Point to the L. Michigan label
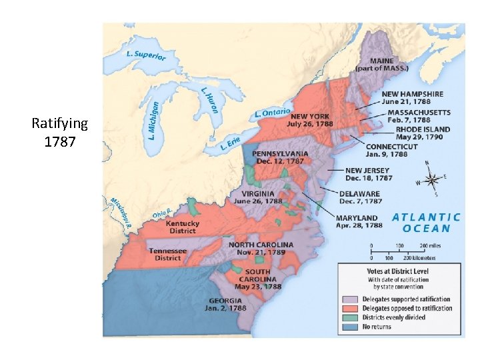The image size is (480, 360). click(x=154, y=119)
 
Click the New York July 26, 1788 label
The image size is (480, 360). click(x=309, y=120)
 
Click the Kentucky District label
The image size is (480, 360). click(x=182, y=227)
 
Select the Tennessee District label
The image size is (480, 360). click(x=168, y=254)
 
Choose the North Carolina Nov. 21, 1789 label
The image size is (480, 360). click(x=261, y=249)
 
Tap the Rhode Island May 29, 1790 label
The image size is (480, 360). click(x=423, y=133)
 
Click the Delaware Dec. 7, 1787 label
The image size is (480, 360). click(x=361, y=197)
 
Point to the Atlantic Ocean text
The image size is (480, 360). click(x=426, y=223)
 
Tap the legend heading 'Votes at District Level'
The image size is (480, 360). click(x=397, y=271)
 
